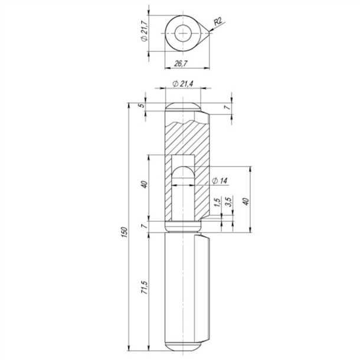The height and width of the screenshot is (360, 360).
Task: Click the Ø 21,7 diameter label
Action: pyautogui.click(x=144, y=31)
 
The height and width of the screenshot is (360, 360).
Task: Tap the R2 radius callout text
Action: pyautogui.click(x=218, y=22)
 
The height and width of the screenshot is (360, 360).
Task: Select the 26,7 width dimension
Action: pyautogui.click(x=181, y=64)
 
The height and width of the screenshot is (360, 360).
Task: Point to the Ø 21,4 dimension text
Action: pyautogui.click(x=183, y=84)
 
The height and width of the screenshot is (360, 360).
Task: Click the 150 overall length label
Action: pyautogui.click(x=124, y=232)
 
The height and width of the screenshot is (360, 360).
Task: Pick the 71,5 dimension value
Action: pyautogui.click(x=145, y=287)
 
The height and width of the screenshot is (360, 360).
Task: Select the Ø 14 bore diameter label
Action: pyautogui.click(x=220, y=181)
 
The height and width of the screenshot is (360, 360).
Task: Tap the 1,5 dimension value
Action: pyautogui.click(x=217, y=202)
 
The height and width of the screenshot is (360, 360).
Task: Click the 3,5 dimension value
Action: pyautogui.click(x=229, y=202)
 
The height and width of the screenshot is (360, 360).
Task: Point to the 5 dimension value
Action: pyautogui.click(x=142, y=106)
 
